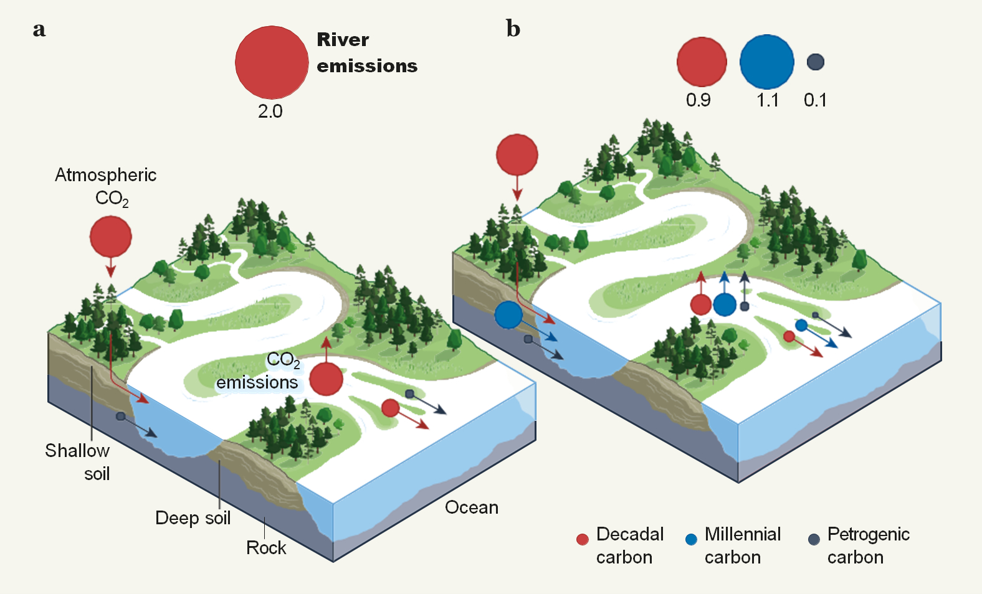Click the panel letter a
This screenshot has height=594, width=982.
pos(39,29)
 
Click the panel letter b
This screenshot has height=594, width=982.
pos(513,29)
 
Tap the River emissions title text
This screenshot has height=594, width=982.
pos(366,52)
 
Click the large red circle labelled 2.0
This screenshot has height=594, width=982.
pos(272,62)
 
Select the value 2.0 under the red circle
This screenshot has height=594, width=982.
pos(270,111)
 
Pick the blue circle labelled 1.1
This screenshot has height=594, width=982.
pos(766,62)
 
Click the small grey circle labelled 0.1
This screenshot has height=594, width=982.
pos(815,62)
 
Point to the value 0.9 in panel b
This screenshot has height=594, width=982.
pos(698,100)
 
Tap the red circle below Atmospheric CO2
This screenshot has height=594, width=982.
pos(111,237)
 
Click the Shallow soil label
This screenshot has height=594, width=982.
pos(78,461)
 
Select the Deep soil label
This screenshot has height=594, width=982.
pos(193,518)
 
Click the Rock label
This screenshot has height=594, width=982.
pos(266,548)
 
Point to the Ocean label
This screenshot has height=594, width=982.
pos(472,507)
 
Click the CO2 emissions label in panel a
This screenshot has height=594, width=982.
pos(258,371)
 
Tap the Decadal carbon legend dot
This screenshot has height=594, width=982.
pos(583,539)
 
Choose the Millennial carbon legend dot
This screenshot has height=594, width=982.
pos(691,539)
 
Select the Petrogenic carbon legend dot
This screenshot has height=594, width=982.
pos(814,539)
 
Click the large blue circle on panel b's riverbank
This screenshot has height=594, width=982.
pos(508,315)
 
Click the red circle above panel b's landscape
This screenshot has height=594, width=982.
pos(517,154)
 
